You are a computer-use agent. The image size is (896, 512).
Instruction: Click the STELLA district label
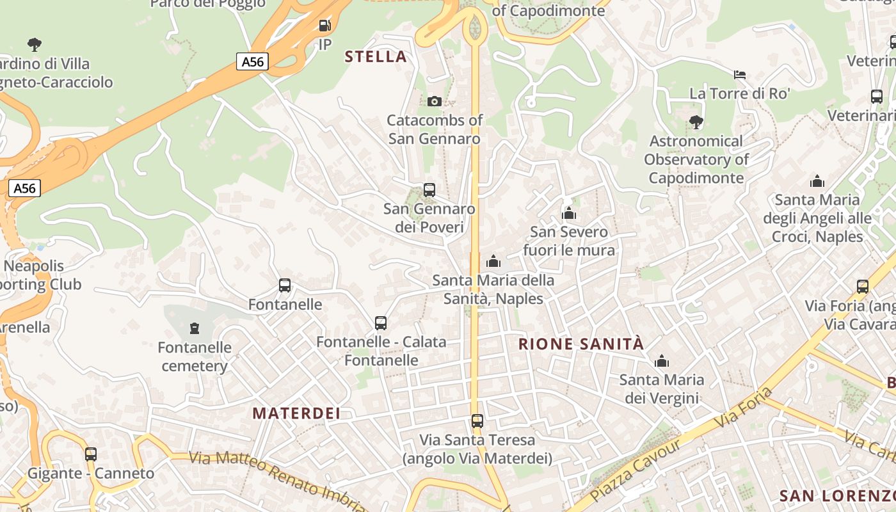click(x=376, y=56)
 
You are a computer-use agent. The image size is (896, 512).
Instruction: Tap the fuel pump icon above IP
click(x=325, y=26)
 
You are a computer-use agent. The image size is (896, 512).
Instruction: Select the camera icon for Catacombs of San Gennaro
click(x=435, y=101)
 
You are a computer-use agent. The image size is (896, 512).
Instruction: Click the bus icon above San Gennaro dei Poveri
click(x=429, y=190)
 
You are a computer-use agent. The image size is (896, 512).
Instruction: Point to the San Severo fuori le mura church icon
click(x=569, y=213)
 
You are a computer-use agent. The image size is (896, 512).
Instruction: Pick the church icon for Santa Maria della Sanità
click(x=493, y=261)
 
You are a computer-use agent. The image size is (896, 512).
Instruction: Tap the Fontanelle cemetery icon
click(x=195, y=328)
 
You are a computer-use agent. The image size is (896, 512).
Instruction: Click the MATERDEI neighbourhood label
click(x=296, y=413)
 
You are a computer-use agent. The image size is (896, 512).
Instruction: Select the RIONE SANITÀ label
click(x=580, y=344)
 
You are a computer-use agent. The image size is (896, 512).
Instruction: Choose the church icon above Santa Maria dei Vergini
click(x=662, y=361)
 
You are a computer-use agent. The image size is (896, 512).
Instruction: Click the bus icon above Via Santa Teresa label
click(x=477, y=421)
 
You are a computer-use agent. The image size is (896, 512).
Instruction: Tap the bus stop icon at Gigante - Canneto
click(x=91, y=454)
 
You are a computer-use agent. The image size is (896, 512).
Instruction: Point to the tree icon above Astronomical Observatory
click(x=696, y=122)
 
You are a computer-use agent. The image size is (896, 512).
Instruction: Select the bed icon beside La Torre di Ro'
click(x=740, y=75)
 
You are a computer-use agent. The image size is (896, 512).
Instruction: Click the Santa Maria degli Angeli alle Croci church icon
click(x=817, y=181)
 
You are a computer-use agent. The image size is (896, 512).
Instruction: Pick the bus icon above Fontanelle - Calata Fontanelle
click(x=381, y=323)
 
